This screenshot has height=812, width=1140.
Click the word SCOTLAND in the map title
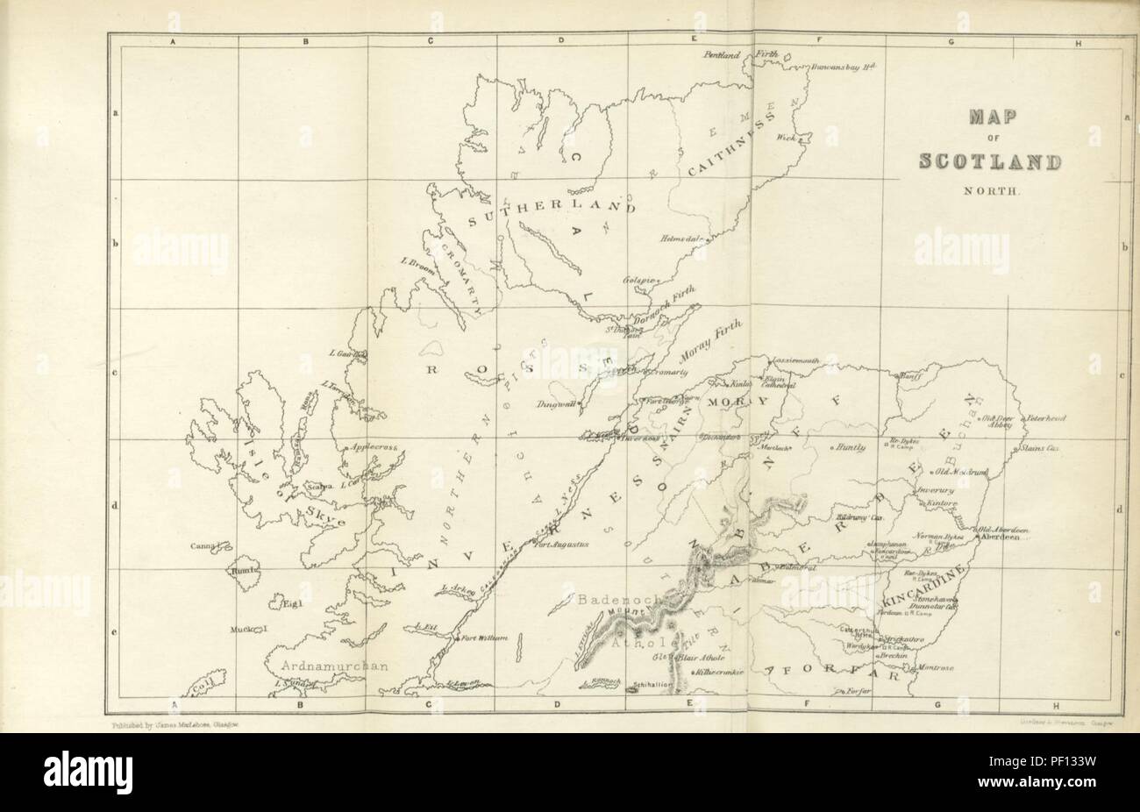click(x=988, y=162)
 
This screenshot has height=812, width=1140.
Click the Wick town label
click(x=784, y=138)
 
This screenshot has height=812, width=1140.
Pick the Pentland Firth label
click(x=740, y=54)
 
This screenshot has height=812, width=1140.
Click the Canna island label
click(x=203, y=546)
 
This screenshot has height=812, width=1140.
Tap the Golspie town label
click(x=640, y=280)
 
